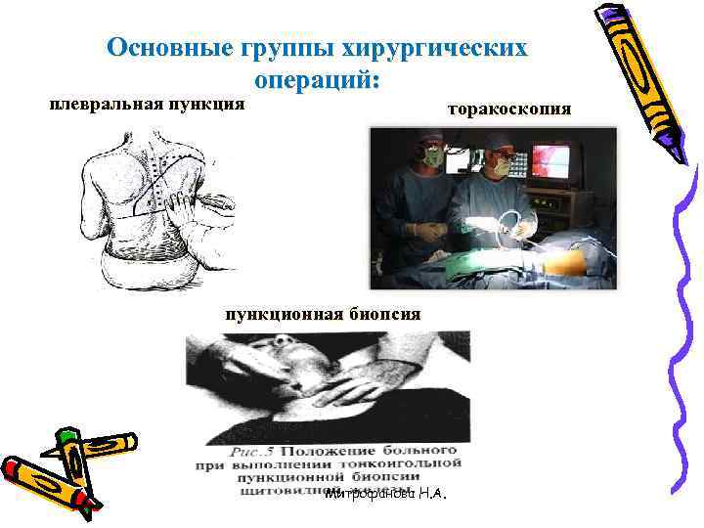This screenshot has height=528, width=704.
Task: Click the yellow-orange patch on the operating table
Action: point(566,263)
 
